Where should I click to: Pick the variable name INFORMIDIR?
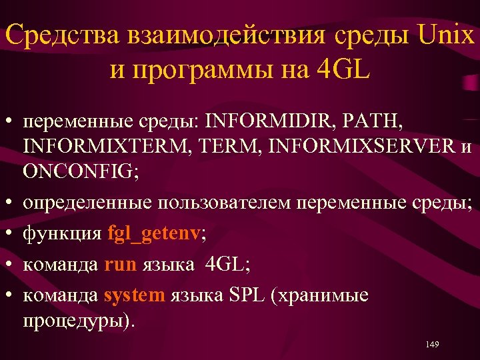point(271,123)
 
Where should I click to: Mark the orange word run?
point(121,265)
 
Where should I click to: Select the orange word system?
point(134,295)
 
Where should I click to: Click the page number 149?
point(431,344)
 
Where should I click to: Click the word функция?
point(62,234)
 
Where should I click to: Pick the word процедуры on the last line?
point(75,320)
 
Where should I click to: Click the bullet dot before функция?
point(10,235)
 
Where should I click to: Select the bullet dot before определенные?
point(10,203)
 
